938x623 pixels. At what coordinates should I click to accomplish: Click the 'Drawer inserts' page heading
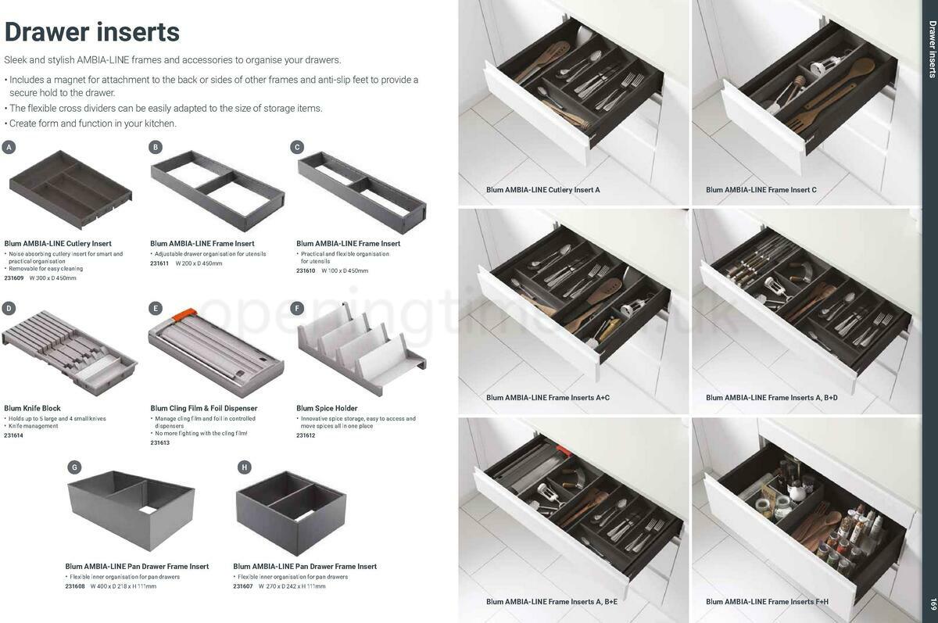tap(92, 32)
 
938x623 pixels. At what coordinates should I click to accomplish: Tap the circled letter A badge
tap(9, 147)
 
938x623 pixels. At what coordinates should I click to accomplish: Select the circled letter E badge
tap(156, 308)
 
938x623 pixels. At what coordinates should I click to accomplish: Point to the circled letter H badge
tap(245, 467)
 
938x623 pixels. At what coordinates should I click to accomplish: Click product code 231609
tap(14, 277)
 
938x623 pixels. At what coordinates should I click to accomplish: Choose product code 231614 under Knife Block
tap(14, 435)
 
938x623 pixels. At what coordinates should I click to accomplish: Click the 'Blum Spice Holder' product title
tap(327, 408)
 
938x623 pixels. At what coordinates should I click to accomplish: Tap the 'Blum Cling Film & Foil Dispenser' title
tap(203, 408)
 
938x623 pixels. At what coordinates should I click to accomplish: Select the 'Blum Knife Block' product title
tap(32, 408)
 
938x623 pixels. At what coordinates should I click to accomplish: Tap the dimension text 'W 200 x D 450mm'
tap(199, 263)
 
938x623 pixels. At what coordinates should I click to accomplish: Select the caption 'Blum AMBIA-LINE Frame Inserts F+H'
tap(767, 601)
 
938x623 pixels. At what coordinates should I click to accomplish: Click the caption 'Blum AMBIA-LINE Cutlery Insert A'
tap(542, 190)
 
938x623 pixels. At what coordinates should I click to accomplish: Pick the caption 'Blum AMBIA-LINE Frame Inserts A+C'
tap(547, 398)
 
